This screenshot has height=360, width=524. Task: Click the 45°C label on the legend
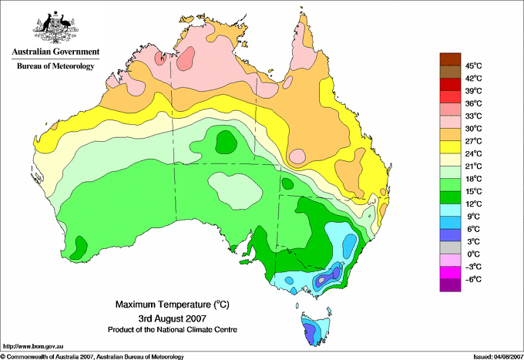(474, 66)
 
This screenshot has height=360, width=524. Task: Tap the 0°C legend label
(474, 254)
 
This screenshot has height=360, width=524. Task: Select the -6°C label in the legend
(473, 279)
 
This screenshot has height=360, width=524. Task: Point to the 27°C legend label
(474, 141)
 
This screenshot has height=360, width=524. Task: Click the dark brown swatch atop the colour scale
(450, 59)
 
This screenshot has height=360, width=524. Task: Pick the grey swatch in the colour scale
(450, 247)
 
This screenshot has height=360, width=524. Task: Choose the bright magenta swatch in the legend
(450, 273)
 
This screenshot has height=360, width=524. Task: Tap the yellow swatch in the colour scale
(450, 147)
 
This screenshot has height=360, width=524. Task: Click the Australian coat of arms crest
(55, 27)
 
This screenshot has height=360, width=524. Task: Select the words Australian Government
(55, 52)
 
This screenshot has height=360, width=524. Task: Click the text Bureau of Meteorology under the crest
(55, 66)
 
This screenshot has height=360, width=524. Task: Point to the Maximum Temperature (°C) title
(173, 304)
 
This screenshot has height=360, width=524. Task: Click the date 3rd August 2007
(173, 318)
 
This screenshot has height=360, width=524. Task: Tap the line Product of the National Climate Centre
(173, 330)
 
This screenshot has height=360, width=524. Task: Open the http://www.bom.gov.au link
(33, 347)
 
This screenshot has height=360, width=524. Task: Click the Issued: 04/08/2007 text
(498, 357)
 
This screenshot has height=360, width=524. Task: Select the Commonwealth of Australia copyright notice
(92, 357)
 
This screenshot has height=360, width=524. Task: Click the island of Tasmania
(316, 328)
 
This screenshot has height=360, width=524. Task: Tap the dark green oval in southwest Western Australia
(79, 247)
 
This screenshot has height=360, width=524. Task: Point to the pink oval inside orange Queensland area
(297, 156)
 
